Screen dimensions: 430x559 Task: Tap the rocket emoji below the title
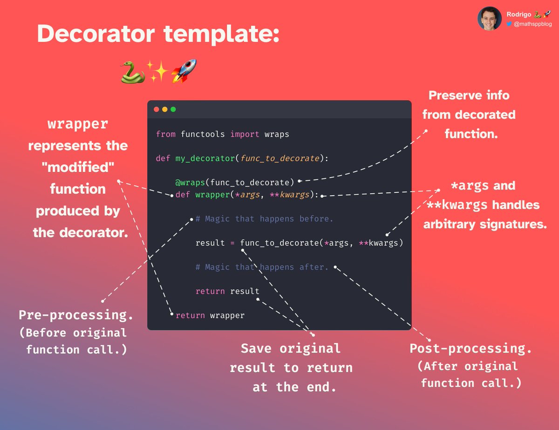[x=184, y=71]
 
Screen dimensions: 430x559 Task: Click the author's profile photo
[x=489, y=19]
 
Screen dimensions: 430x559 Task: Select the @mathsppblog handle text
[x=533, y=24]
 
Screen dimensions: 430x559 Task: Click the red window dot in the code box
[x=157, y=109]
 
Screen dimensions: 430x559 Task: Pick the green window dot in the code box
[x=173, y=109]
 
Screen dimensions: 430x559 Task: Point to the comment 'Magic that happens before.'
[x=264, y=218]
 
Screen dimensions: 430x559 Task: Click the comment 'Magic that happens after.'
[x=262, y=267]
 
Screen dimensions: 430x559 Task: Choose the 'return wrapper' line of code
[x=210, y=315]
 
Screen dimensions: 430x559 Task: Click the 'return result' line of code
[x=227, y=291]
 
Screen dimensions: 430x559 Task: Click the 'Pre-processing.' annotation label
[x=76, y=315]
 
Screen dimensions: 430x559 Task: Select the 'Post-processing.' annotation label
[x=470, y=349]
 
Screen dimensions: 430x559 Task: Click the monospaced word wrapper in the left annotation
[x=78, y=125]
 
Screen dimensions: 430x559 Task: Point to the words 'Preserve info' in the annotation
[x=469, y=96]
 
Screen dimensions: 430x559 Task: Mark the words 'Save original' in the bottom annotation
[x=291, y=348]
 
